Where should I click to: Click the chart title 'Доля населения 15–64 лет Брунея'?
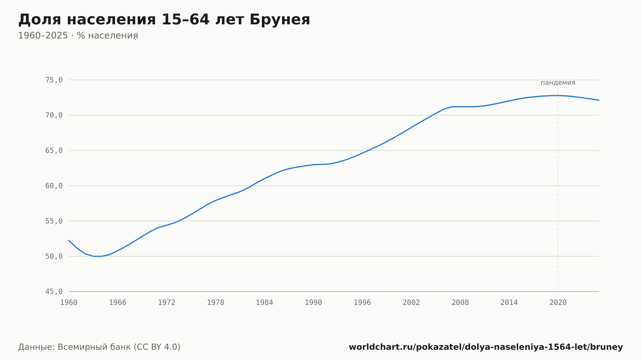pyautogui.click(x=164, y=20)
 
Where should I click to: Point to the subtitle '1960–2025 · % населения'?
pyautogui.click(x=78, y=36)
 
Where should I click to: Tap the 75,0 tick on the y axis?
pyautogui.click(x=54, y=80)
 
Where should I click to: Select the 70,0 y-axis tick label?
pyautogui.click(x=54, y=115)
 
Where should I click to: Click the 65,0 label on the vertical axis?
pyautogui.click(x=54, y=151)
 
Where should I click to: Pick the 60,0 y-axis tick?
pyautogui.click(x=54, y=186)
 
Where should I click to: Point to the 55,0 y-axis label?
pyautogui.click(x=54, y=221)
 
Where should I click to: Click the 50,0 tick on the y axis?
pyautogui.click(x=54, y=256)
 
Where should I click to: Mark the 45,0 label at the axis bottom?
pyautogui.click(x=54, y=291)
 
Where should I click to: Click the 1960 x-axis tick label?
pyautogui.click(x=69, y=303)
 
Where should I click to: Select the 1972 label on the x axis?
pyautogui.click(x=167, y=303)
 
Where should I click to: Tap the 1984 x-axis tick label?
pyautogui.click(x=264, y=303)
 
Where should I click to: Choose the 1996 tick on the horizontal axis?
pyautogui.click(x=362, y=303)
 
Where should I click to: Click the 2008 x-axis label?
pyautogui.click(x=460, y=303)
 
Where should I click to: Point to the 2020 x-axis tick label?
pyautogui.click(x=558, y=303)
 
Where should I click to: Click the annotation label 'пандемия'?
pyautogui.click(x=558, y=83)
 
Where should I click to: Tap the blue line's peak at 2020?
pyautogui.click(x=558, y=95)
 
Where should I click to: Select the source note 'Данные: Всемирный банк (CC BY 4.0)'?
pyautogui.click(x=99, y=347)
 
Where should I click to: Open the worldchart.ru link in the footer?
pyautogui.click(x=486, y=347)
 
